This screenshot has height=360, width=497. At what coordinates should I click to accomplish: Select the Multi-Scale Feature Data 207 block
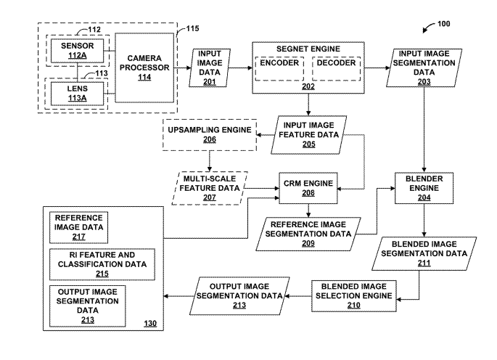[x=210, y=187]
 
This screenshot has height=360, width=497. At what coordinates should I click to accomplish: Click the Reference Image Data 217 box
[x=78, y=225]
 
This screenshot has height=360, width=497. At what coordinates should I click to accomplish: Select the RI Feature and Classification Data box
[x=102, y=262]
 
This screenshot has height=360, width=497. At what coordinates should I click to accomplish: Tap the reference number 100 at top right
[x=443, y=24]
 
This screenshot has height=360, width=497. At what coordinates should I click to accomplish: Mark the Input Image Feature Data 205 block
[x=309, y=134]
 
